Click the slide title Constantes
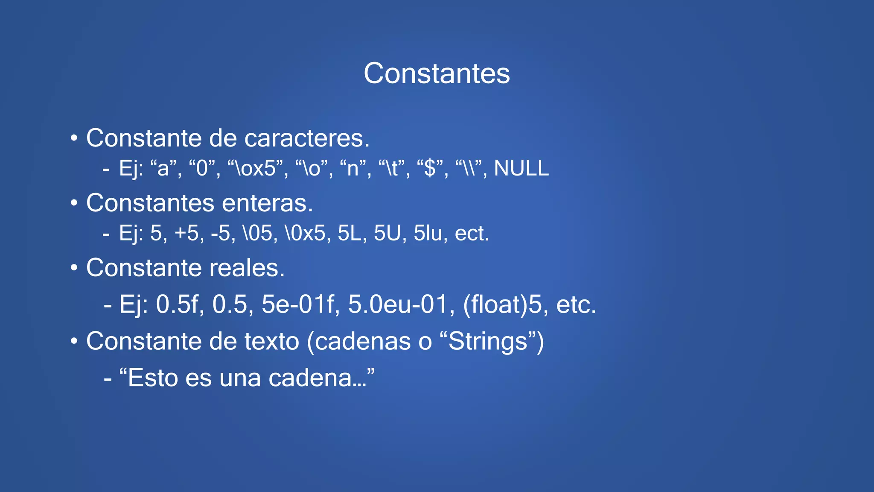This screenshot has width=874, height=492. click(437, 73)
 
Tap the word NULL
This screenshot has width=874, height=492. click(521, 168)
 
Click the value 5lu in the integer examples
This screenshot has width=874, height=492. click(428, 233)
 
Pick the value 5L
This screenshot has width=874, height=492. click(350, 233)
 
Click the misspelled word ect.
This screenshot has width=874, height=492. click(472, 233)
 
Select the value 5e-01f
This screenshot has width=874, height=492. click(297, 305)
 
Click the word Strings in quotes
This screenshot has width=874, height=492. click(488, 341)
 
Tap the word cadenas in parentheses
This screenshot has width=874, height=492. click(363, 341)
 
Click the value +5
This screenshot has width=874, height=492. click(187, 233)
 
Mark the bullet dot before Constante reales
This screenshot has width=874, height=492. click(74, 268)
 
